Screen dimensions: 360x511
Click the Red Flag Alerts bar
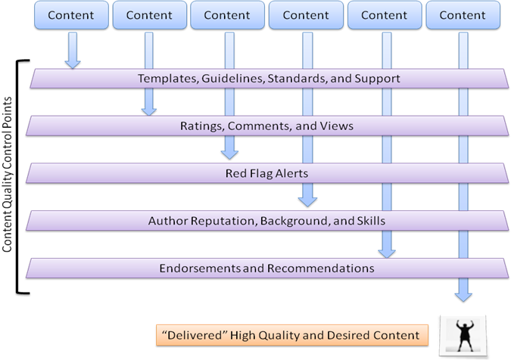click(266, 173)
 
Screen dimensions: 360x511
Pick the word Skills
click(371, 221)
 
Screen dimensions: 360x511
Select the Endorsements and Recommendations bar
click(266, 268)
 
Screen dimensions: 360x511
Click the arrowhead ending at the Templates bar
click(73, 64)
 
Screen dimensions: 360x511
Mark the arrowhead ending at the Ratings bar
click(149, 110)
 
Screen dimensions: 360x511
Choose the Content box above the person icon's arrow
click(463, 15)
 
